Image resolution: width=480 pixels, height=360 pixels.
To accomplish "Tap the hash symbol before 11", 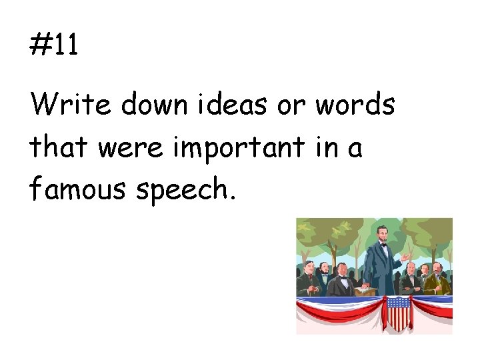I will click(42, 45).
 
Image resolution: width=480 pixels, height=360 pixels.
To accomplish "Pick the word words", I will click(355, 105).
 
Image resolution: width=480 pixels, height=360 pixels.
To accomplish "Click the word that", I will click(58, 147).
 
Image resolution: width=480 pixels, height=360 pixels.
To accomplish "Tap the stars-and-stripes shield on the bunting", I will click(398, 313).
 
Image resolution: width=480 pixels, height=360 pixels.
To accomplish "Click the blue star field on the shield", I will click(398, 303).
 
